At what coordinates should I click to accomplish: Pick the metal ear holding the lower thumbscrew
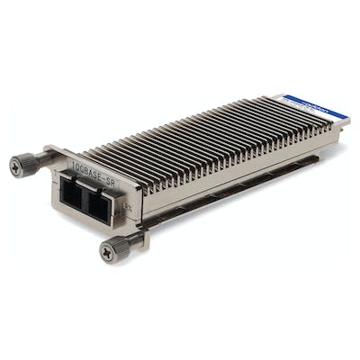136,238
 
